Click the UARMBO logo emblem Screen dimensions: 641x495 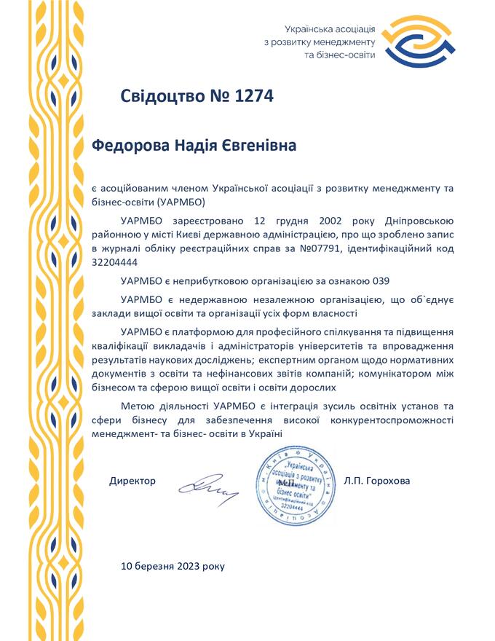point(411,41)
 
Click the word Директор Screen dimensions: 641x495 point(132,481)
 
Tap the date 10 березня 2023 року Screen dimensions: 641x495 point(173,565)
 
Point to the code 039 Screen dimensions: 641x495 point(387,280)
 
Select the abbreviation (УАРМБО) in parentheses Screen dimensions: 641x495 point(182,202)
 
